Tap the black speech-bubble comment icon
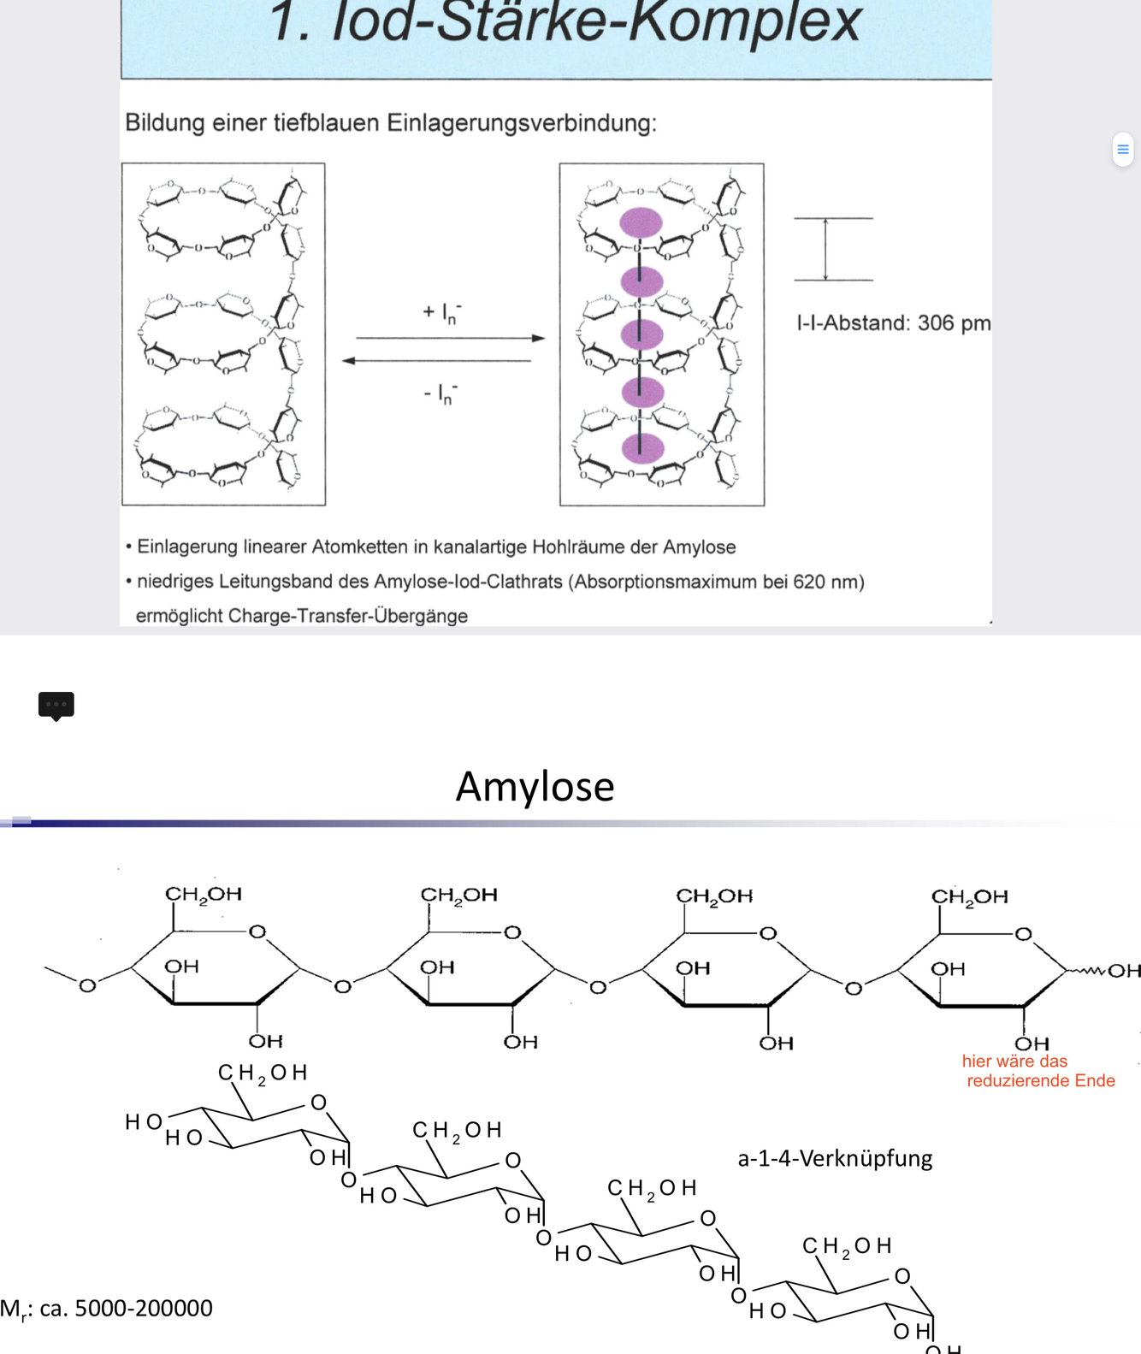(x=56, y=705)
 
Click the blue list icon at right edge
(x=1123, y=150)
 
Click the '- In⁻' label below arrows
(x=441, y=393)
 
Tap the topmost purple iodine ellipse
(x=641, y=222)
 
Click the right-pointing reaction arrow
(x=450, y=339)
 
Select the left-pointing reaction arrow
(x=436, y=361)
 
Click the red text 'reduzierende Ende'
(x=1040, y=1081)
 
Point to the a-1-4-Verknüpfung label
(x=835, y=1159)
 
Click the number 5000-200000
(x=144, y=1309)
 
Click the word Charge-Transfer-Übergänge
(x=348, y=616)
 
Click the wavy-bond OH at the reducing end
(x=1124, y=971)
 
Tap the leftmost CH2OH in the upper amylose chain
(x=204, y=895)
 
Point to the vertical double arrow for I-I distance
(x=825, y=249)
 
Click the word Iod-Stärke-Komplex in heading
(x=595, y=22)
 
